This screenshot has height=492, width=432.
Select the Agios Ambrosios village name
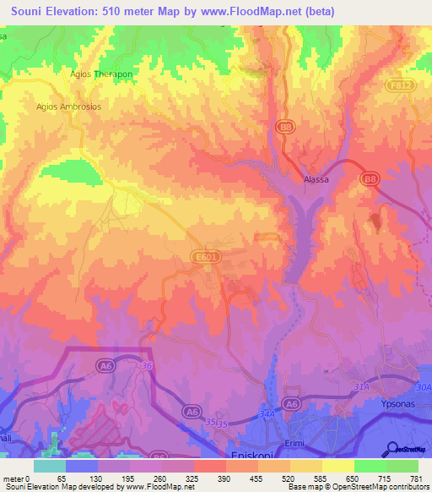pos(68,107)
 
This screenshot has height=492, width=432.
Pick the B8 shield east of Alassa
pos(369,179)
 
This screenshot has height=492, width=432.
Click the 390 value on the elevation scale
pos(226,478)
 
